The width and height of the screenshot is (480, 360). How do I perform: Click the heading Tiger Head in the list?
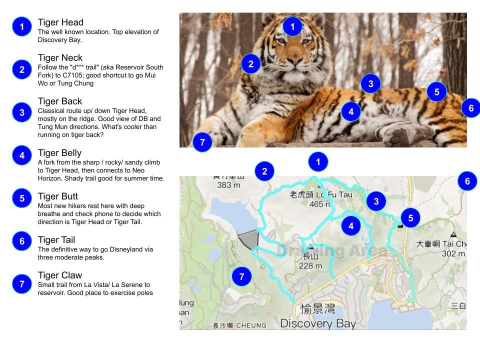coord(60,22)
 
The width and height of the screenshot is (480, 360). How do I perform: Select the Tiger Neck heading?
coord(60,58)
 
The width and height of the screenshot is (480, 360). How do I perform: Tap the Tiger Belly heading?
coord(59,153)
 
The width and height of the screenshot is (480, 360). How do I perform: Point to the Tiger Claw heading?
coord(60,275)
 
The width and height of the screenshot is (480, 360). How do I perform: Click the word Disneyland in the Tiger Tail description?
coord(123,249)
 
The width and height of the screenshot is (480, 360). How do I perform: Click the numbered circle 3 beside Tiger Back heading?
coord(22,112)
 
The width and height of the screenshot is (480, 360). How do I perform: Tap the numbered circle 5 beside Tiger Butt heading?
coord(22,198)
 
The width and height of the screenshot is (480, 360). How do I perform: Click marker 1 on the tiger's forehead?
coord(292,26)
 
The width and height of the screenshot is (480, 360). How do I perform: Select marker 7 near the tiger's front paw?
coord(202,142)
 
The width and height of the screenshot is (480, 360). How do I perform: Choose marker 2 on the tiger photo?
coord(251,64)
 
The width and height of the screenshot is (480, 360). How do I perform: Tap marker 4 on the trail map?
coord(351,226)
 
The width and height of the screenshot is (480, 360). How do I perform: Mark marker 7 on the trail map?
coord(242,276)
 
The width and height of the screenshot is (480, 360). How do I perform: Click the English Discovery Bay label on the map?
coord(318,323)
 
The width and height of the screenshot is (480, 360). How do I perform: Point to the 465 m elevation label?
coord(319,204)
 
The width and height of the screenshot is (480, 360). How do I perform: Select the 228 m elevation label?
coord(310,265)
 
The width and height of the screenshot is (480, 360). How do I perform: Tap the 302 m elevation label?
coord(453,253)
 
